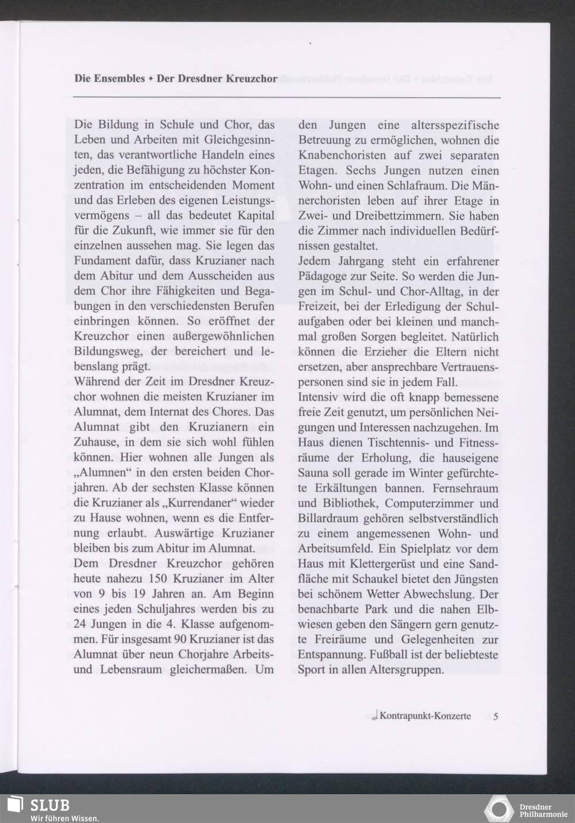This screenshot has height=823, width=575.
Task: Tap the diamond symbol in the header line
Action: click(x=150, y=79)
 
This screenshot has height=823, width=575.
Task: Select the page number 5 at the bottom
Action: click(x=496, y=716)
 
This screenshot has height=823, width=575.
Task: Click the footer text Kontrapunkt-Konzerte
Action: click(x=425, y=716)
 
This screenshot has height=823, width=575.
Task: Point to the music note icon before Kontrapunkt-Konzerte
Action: click(x=374, y=716)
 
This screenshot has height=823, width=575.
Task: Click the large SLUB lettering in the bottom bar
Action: click(x=50, y=804)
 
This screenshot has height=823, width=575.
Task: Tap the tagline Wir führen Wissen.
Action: click(x=64, y=818)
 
